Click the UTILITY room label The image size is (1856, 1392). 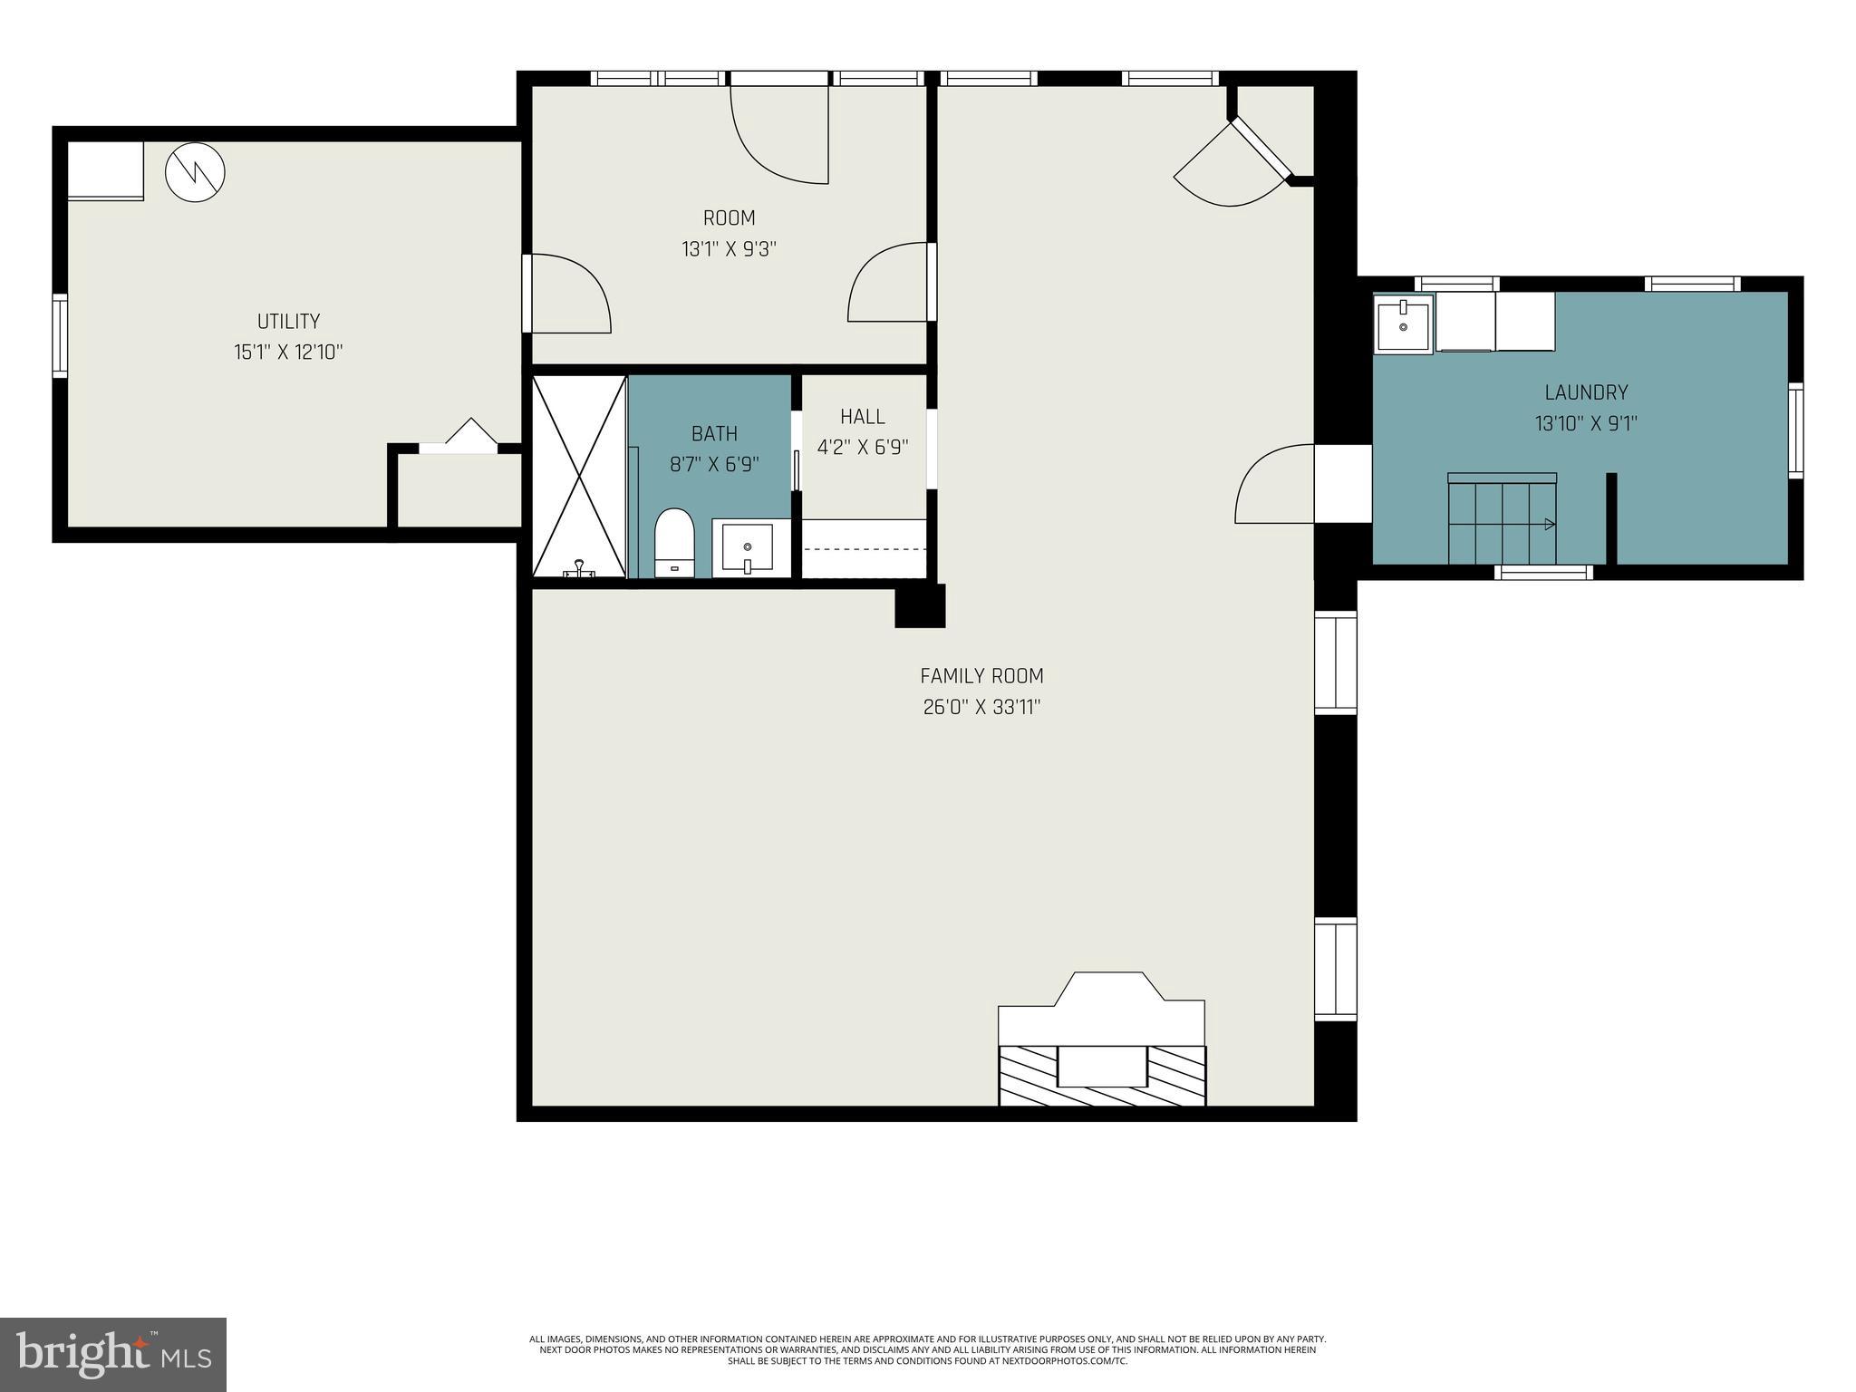(x=288, y=321)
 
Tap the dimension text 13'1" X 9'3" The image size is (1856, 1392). (x=730, y=248)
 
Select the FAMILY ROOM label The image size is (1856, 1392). (x=981, y=676)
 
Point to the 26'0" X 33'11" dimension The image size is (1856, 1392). (x=981, y=707)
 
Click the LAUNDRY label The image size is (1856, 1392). (x=1586, y=392)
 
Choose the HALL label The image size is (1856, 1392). (x=862, y=417)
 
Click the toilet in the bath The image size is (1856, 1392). (x=673, y=543)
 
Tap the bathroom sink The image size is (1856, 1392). (x=748, y=547)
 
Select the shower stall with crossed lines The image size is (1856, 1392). (x=579, y=477)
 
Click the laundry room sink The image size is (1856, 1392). (x=1403, y=324)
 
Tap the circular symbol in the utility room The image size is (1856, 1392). (x=195, y=171)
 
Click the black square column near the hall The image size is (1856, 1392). (x=920, y=605)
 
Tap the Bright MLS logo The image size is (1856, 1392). (x=113, y=1354)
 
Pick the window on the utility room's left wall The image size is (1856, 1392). (x=60, y=335)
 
